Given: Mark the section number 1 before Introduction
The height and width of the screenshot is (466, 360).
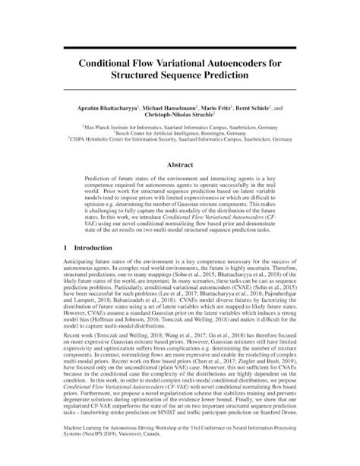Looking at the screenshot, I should (65, 248).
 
